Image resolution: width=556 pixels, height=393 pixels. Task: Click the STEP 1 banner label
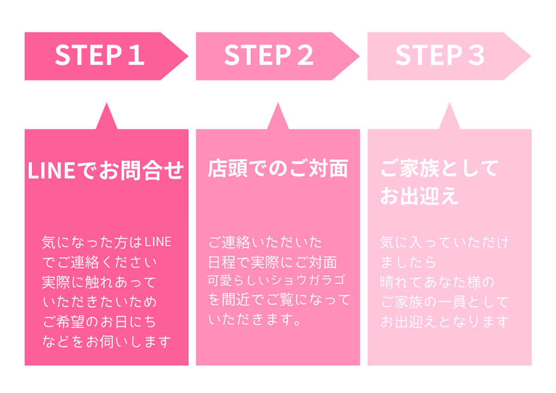coord(100,56)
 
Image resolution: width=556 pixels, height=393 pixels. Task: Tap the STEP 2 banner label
coord(269,56)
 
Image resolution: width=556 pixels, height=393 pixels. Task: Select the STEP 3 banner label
coord(440,56)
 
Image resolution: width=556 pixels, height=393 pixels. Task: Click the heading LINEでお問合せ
coord(106,171)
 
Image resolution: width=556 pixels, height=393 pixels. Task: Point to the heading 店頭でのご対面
coord(278,169)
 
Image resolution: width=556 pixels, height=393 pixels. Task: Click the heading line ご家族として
coord(439,168)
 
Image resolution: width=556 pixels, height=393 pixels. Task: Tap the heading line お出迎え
coord(419,196)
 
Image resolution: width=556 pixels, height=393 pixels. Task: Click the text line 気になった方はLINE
coord(107,242)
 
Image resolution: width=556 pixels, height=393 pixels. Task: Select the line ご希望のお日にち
coord(99,322)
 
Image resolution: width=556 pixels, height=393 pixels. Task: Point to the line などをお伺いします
coord(107,342)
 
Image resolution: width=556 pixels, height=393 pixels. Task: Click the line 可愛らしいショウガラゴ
coord(277,280)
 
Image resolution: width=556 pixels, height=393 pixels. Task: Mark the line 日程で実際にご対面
coord(272,262)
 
